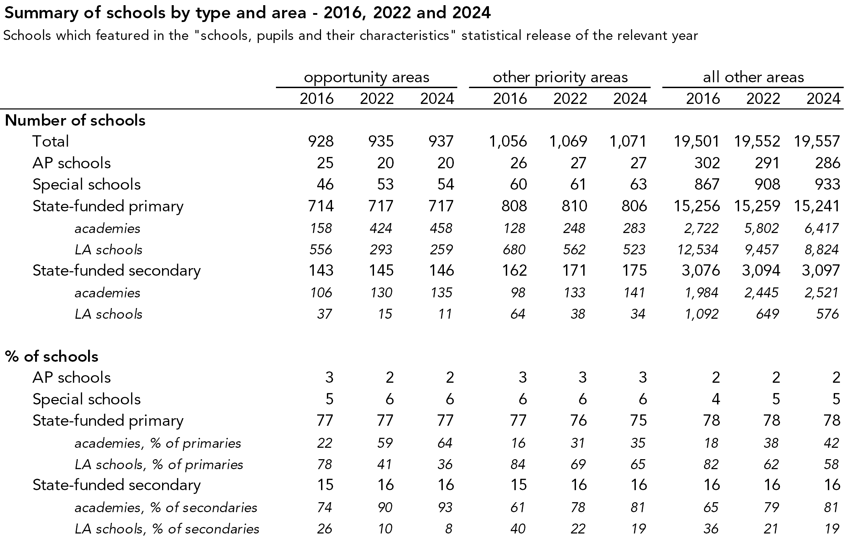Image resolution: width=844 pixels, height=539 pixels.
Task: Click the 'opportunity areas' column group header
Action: (x=366, y=77)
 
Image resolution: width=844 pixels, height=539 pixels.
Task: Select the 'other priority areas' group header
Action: (x=560, y=77)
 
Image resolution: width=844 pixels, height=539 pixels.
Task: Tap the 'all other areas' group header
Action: (x=753, y=77)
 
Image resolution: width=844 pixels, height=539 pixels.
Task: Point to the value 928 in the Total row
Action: (x=321, y=141)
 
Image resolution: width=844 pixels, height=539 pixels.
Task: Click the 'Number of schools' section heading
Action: (x=75, y=120)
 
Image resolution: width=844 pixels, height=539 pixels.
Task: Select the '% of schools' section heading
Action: (x=52, y=356)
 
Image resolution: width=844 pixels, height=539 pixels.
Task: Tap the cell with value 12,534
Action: (x=697, y=250)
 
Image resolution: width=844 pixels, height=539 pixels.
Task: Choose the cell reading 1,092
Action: (x=701, y=314)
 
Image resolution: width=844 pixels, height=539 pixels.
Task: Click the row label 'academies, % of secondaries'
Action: (x=166, y=508)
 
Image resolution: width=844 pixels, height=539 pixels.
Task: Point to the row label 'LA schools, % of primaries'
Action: (x=159, y=465)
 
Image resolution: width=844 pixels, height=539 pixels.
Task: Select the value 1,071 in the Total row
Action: (x=628, y=141)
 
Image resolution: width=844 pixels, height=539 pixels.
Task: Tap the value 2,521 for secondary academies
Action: (x=821, y=293)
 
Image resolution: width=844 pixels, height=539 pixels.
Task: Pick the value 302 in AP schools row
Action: (x=707, y=163)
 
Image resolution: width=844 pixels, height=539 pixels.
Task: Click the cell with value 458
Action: (x=441, y=228)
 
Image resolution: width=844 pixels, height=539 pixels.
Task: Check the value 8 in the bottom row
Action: (x=449, y=529)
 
